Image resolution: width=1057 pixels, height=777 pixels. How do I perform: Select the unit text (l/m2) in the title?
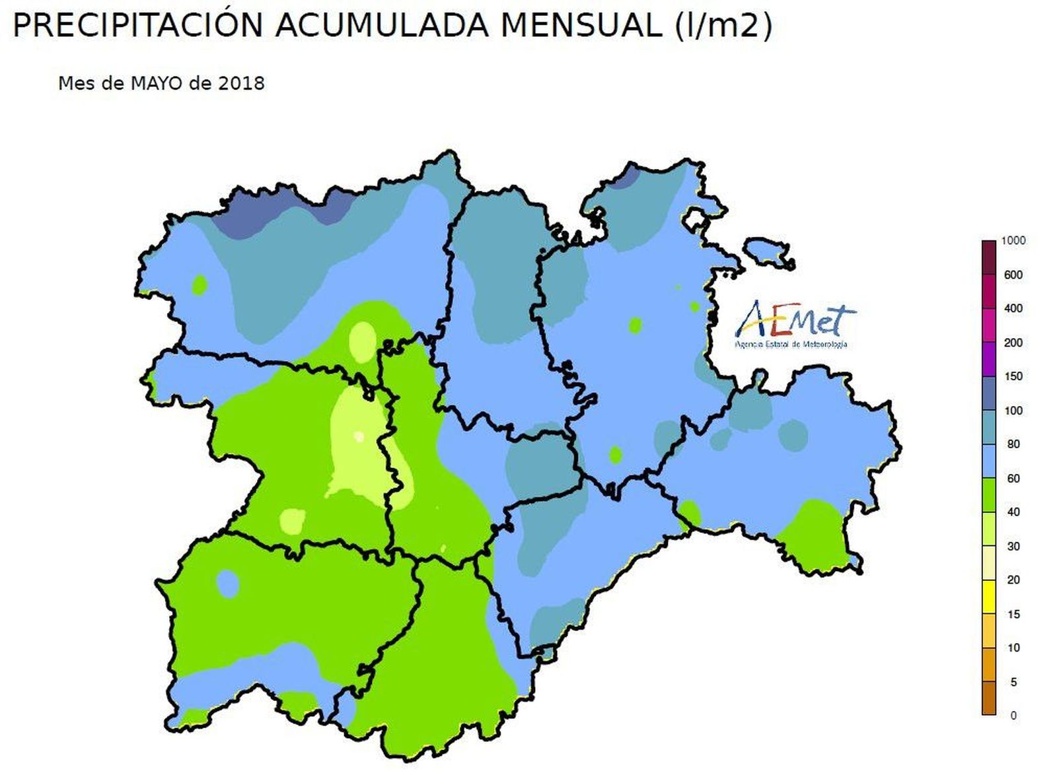[723, 26]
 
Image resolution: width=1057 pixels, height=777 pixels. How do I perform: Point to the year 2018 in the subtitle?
[242, 83]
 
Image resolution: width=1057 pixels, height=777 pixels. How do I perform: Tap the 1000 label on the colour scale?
[1013, 241]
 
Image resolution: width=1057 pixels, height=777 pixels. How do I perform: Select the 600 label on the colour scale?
[1013, 275]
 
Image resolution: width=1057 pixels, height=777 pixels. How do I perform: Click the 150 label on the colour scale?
[1013, 376]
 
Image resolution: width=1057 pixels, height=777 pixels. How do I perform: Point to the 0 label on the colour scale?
[1013, 715]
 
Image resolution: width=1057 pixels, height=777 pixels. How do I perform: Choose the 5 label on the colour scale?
[1013, 682]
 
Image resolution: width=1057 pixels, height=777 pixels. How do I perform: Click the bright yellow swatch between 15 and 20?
[988, 597]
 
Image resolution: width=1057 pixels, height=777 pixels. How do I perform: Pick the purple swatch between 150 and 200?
[988, 359]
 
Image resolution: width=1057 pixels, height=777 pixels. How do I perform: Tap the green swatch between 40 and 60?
[988, 495]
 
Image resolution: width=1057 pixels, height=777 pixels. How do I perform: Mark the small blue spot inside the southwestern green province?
[228, 584]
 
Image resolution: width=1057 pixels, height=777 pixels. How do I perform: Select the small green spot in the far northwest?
[200, 285]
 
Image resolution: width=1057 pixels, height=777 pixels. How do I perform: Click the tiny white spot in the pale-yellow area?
[359, 436]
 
